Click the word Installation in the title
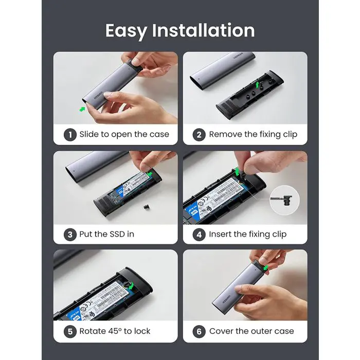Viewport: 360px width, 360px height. pyautogui.click(x=203, y=30)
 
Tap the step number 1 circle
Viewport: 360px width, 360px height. pyautogui.click(x=70, y=135)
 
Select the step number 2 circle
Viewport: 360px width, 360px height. pyautogui.click(x=200, y=135)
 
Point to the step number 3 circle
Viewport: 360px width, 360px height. pyautogui.click(x=70, y=234)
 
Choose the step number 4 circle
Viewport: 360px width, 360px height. pyautogui.click(x=200, y=234)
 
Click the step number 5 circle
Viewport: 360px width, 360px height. pyautogui.click(x=70, y=331)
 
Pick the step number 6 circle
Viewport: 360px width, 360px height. pyautogui.click(x=200, y=331)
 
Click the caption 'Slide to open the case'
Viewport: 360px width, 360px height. pyautogui.click(x=124, y=135)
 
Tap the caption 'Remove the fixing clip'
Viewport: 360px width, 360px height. pyautogui.click(x=253, y=135)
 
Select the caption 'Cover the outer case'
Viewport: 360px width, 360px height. pyautogui.click(x=251, y=331)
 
